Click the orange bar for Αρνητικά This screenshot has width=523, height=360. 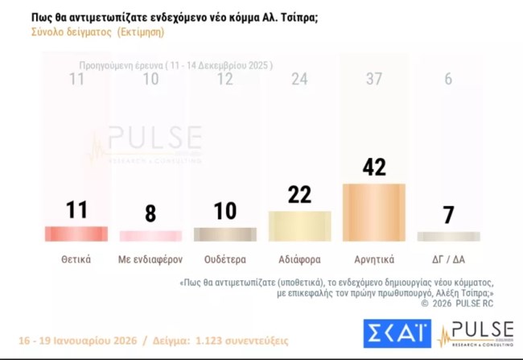tap(373, 213)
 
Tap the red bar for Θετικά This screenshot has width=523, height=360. tap(76, 234)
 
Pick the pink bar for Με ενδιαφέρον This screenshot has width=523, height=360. tap(150, 236)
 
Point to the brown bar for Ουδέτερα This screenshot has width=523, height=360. tap(224, 234)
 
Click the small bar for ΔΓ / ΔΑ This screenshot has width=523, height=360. tap(448, 236)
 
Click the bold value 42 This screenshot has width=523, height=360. tap(373, 167)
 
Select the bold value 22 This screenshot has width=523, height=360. tap(299, 194)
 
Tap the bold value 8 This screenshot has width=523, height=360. tap(150, 214)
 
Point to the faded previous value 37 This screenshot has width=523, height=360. tap(373, 79)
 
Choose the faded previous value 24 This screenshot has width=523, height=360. tap(299, 79)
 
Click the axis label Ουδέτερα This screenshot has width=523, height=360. tap(224, 259)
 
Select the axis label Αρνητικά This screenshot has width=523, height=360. tap(373, 259)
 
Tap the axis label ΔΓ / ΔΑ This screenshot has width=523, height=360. tap(448, 259)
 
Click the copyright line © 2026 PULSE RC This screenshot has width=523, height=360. tap(456, 304)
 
